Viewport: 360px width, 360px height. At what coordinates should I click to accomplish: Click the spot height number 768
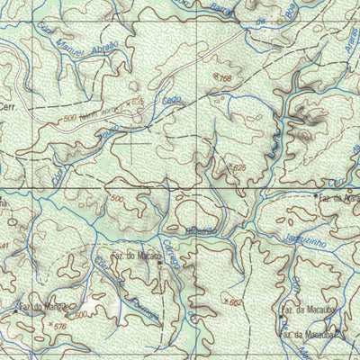tap(225, 79)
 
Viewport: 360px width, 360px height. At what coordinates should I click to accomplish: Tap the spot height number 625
tap(238, 167)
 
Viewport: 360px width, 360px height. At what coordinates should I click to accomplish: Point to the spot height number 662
tap(237, 302)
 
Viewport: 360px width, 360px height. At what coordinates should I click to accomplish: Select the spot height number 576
tap(61, 327)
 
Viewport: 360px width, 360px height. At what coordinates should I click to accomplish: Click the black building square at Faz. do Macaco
tap(159, 264)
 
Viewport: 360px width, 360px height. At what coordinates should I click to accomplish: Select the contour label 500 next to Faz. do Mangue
tap(81, 315)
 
